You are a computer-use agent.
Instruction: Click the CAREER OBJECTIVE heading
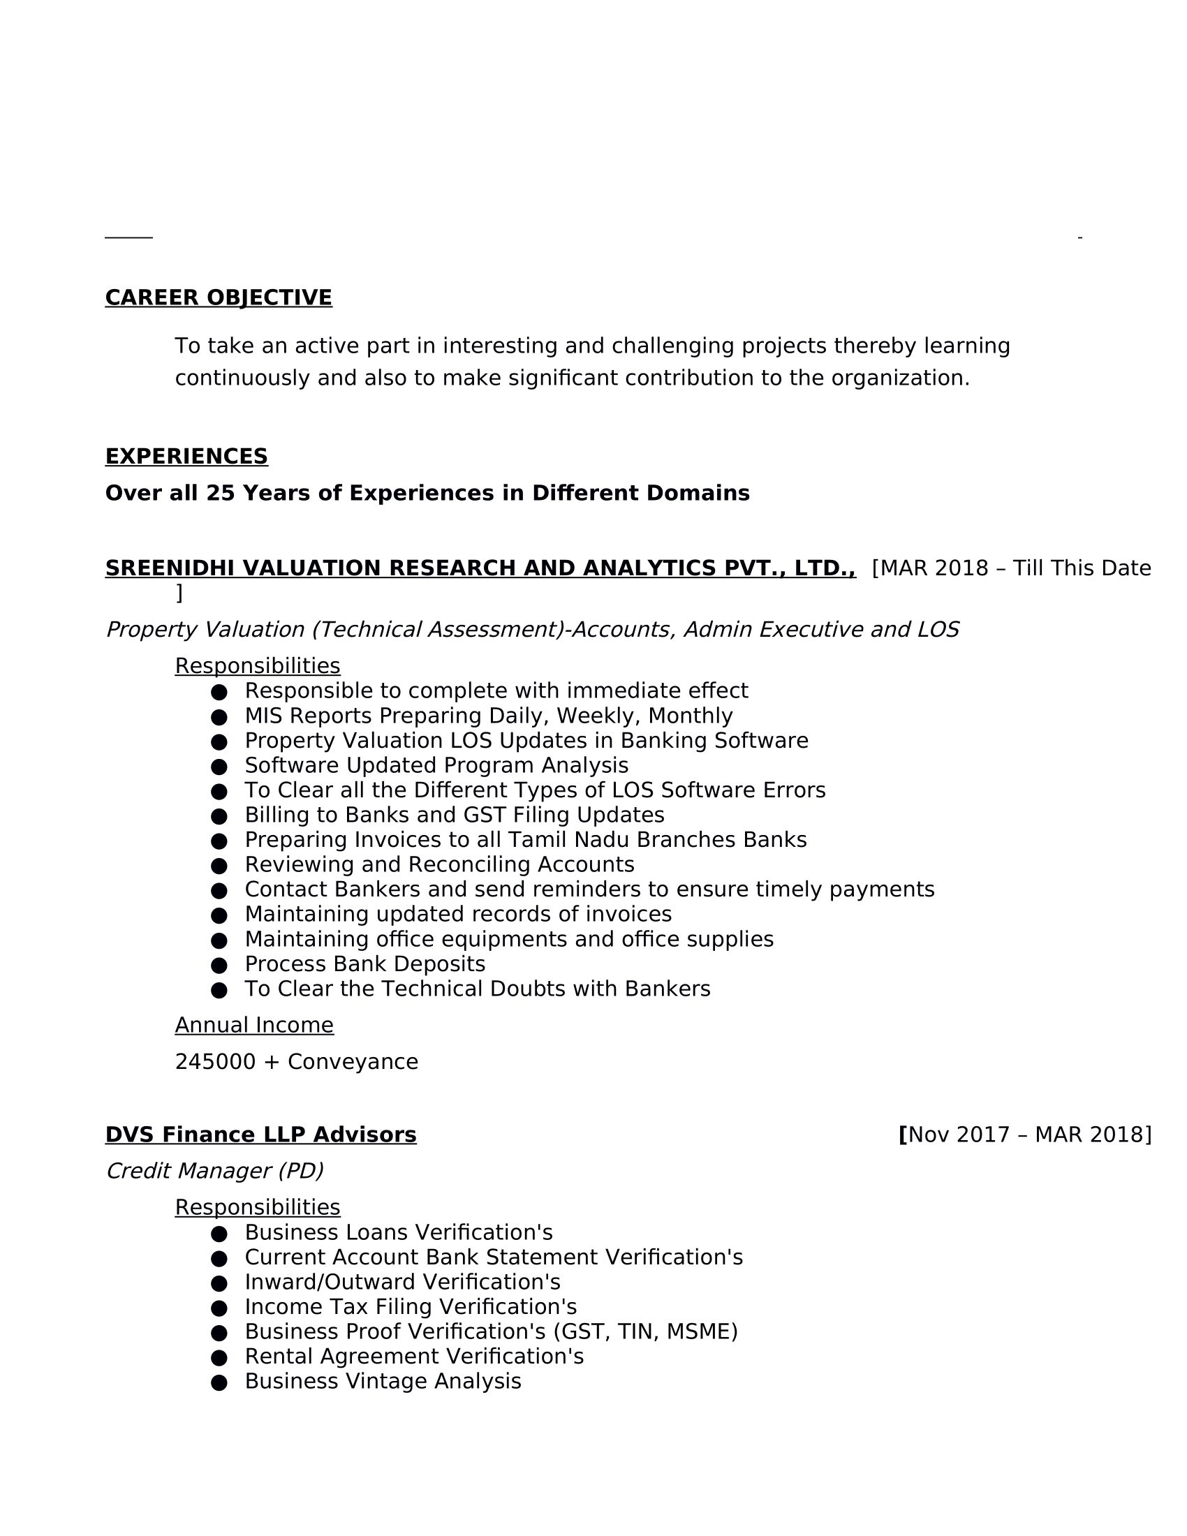pyautogui.click(x=218, y=297)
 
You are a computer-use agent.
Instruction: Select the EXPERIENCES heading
pyautogui.click(x=186, y=457)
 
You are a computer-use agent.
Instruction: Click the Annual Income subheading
pyautogui.click(x=254, y=1025)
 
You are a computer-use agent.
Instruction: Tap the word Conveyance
pyautogui.click(x=353, y=1061)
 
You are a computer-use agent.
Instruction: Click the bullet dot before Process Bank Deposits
pyautogui.click(x=219, y=965)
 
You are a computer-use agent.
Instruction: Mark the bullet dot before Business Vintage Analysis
pyautogui.click(x=219, y=1383)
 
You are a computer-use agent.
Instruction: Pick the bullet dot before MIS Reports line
pyautogui.click(x=219, y=716)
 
